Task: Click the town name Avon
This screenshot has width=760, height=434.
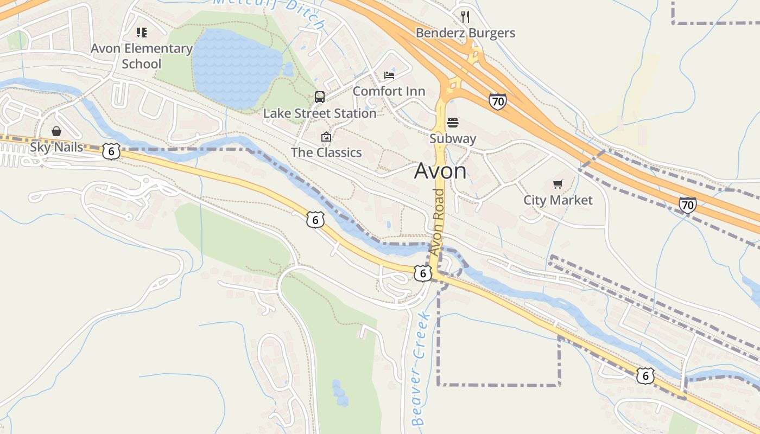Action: pyautogui.click(x=440, y=171)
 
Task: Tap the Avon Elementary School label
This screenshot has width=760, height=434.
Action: pyautogui.click(x=141, y=56)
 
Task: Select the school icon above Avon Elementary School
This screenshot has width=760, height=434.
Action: pyautogui.click(x=142, y=33)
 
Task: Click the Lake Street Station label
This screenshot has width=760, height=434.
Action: pyautogui.click(x=319, y=113)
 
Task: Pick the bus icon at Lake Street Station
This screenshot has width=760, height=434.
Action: pyautogui.click(x=320, y=97)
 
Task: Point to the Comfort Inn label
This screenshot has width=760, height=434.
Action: pyautogui.click(x=389, y=91)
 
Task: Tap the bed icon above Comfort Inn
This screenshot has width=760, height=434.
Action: pyautogui.click(x=389, y=75)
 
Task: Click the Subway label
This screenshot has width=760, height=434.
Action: pyautogui.click(x=453, y=138)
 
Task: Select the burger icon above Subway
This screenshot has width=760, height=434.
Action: pyautogui.click(x=453, y=123)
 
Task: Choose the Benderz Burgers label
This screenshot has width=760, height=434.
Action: pyautogui.click(x=465, y=33)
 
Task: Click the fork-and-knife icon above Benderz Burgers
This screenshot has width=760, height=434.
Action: pyautogui.click(x=465, y=16)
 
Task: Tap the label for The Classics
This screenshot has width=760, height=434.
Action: pyautogui.click(x=326, y=152)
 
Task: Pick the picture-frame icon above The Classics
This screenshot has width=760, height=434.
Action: pyautogui.click(x=326, y=137)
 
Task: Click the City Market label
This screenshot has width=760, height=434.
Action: pyautogui.click(x=558, y=200)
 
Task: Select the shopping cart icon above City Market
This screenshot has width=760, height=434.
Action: pyautogui.click(x=558, y=184)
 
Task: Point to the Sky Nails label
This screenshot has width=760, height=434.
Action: pyautogui.click(x=56, y=147)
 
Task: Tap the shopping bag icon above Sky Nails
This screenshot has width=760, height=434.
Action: pyautogui.click(x=56, y=131)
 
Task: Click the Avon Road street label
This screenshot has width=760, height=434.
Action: pyautogui.click(x=438, y=222)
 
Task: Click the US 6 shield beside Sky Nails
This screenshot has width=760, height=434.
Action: pyautogui.click(x=111, y=151)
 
